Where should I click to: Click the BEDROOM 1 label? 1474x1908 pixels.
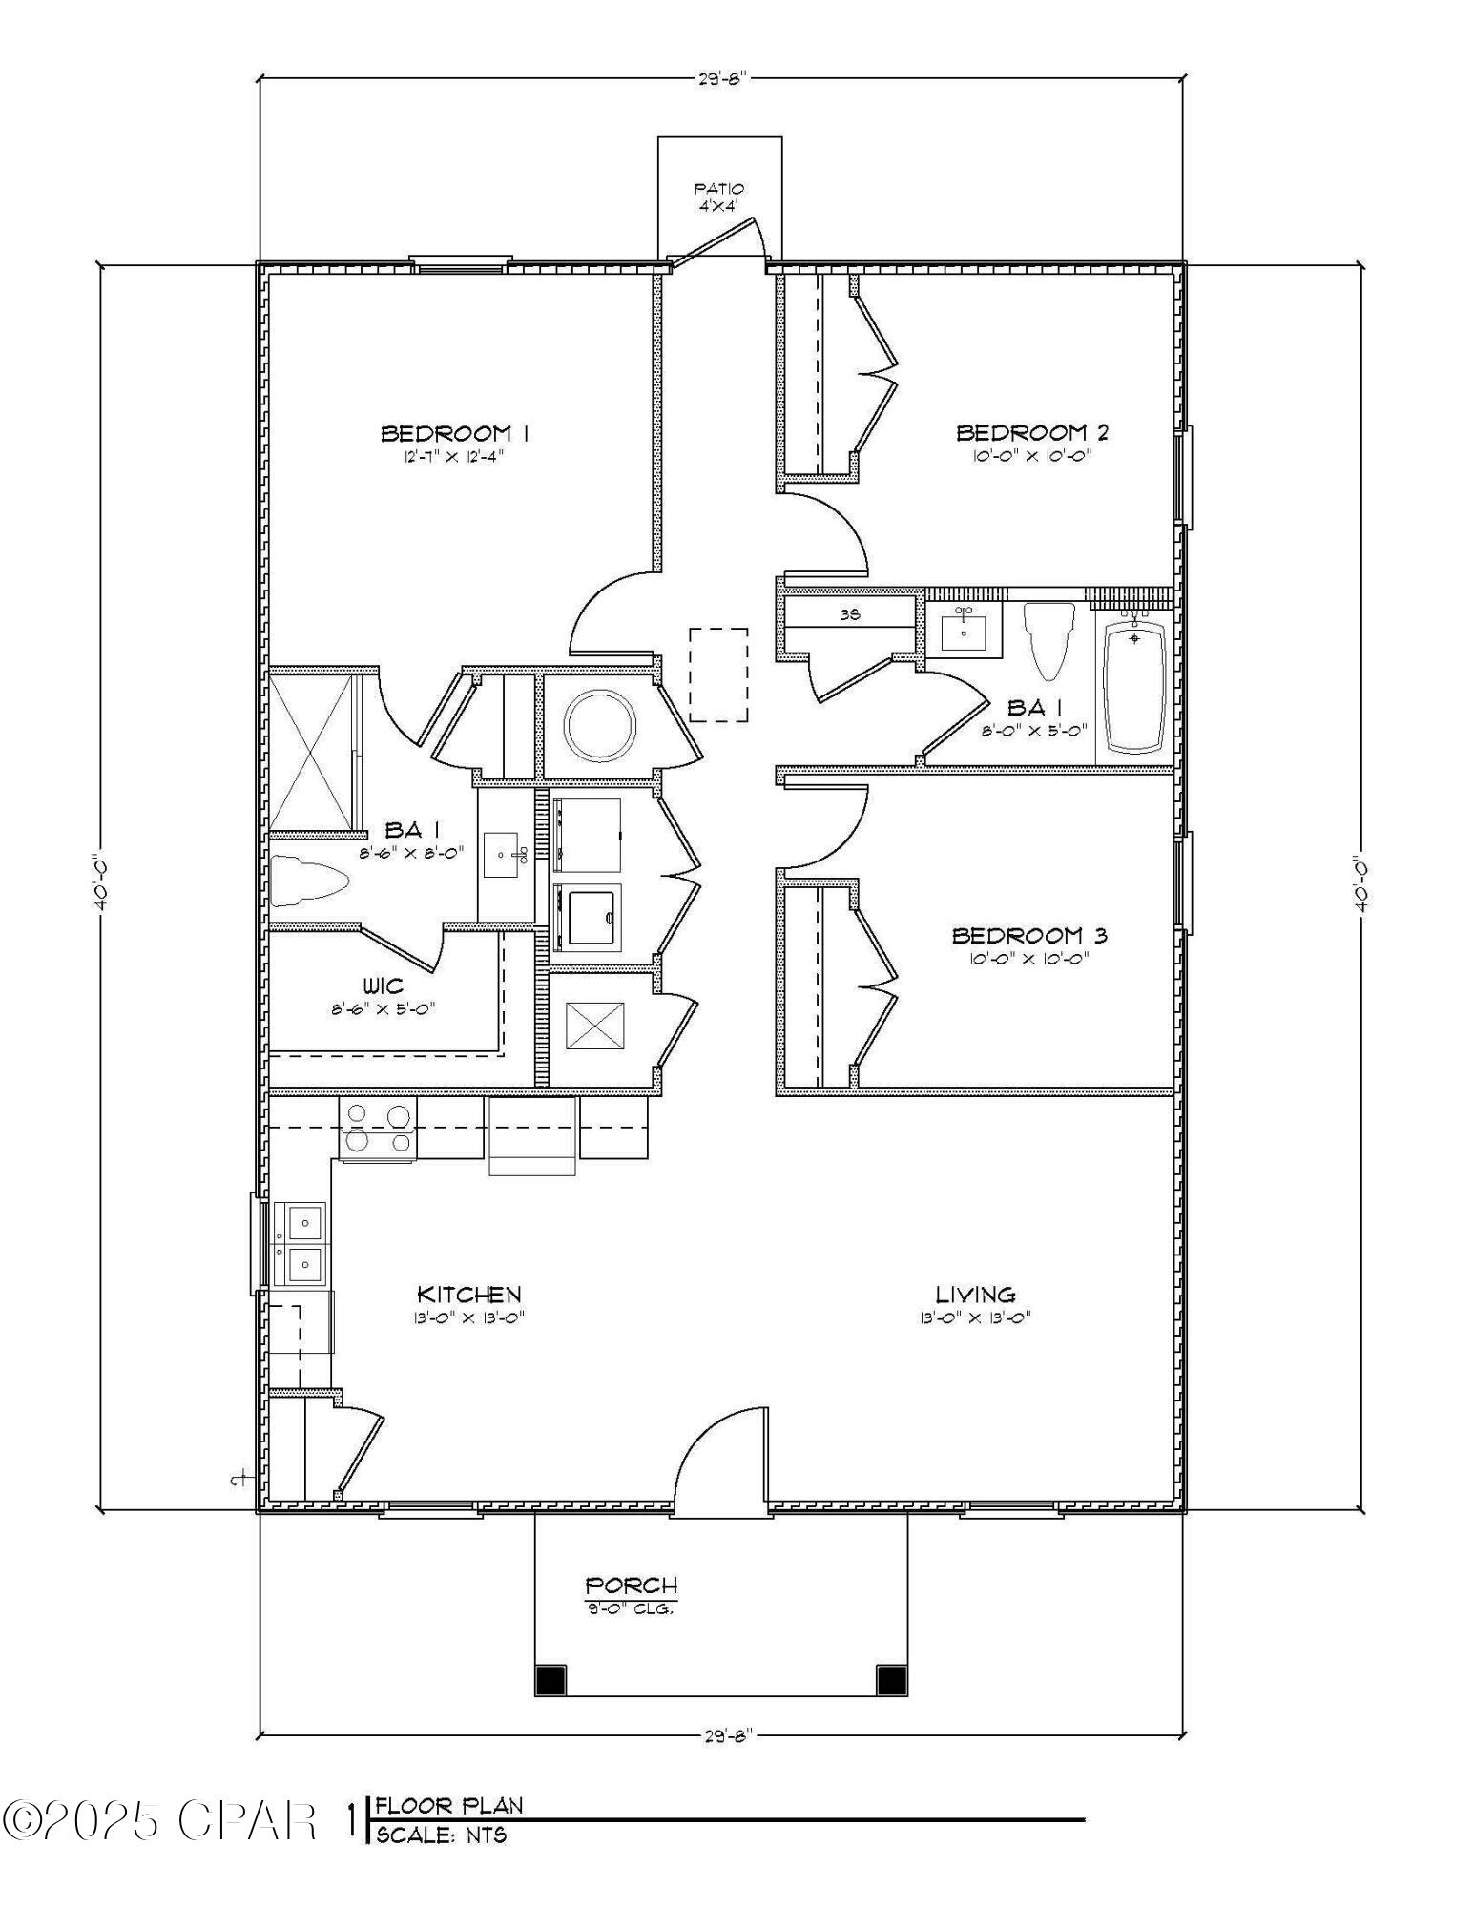point(455,434)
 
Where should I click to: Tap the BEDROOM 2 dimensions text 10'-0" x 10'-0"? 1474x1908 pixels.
point(1031,456)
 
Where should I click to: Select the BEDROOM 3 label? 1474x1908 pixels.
point(1029,936)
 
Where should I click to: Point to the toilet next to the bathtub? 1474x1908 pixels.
point(1048,639)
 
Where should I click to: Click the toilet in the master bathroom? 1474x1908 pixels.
point(307,880)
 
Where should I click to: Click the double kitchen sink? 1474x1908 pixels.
point(300,1243)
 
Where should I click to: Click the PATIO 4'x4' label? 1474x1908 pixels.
point(718,196)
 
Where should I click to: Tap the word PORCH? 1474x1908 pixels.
point(631,1585)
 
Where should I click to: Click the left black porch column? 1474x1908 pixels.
point(550,1679)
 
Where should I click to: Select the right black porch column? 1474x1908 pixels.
point(890,1679)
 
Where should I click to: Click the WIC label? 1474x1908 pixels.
point(383,986)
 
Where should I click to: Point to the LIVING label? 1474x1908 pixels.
point(974,1295)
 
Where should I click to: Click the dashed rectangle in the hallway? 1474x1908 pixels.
point(718,674)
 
